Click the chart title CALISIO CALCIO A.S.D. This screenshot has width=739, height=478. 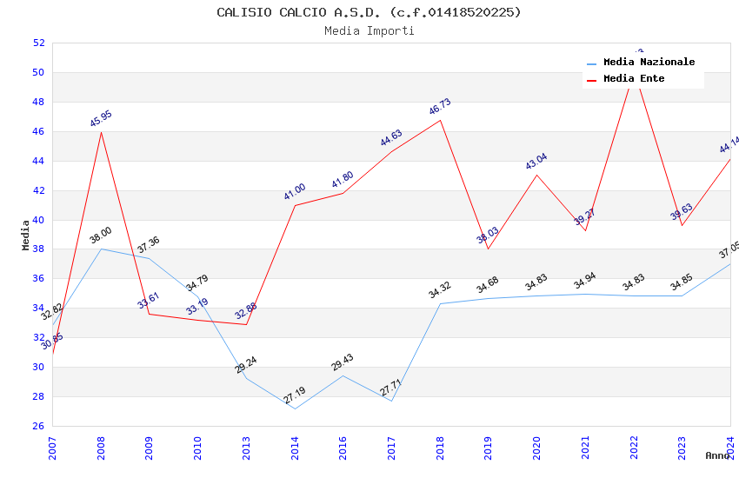click(369, 12)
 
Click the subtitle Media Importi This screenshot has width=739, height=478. click(369, 30)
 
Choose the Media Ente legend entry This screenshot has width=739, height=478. click(634, 79)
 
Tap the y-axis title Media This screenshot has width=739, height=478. click(26, 235)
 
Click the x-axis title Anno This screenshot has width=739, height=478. click(717, 455)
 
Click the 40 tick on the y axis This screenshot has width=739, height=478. click(39, 220)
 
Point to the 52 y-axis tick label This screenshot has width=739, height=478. click(39, 43)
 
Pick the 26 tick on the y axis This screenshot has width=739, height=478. click(39, 426)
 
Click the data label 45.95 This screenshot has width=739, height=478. click(101, 119)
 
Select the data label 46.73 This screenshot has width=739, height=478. click(440, 107)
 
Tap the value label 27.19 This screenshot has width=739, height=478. click(295, 395)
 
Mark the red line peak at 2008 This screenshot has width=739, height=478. click(101, 132)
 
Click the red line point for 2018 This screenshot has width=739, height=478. click(440, 120)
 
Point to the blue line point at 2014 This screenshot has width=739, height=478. click(295, 408)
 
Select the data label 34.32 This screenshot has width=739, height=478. click(440, 290)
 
